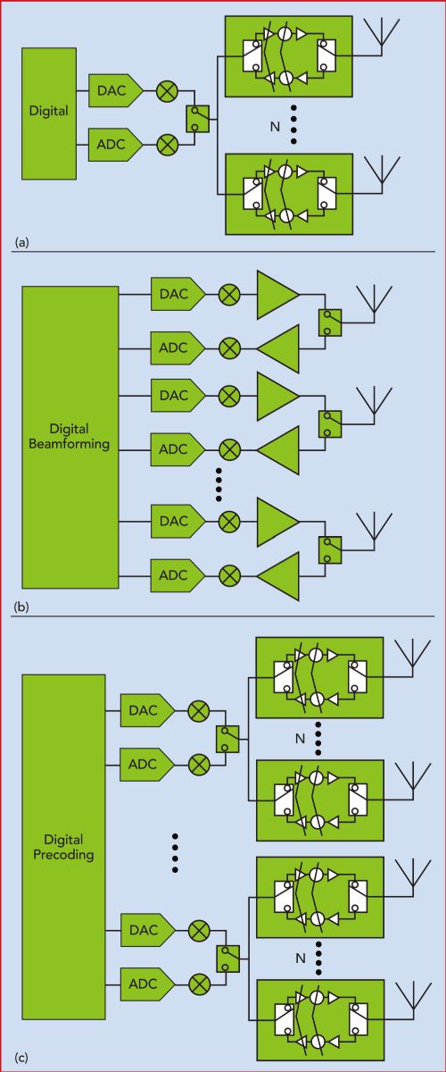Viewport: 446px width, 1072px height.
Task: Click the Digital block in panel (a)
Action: [49, 113]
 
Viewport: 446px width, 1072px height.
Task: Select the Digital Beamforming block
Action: [70, 437]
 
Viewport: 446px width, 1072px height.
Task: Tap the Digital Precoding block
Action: [63, 847]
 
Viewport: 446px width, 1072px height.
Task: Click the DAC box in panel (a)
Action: [115, 90]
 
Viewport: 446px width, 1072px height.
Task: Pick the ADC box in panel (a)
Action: [115, 144]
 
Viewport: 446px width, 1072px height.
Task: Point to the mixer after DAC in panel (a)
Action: [168, 90]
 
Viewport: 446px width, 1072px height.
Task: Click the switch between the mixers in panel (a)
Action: [197, 119]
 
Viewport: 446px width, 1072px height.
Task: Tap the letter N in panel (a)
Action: [275, 127]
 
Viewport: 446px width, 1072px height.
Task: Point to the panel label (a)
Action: [22, 242]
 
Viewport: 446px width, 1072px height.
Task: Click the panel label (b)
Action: [22, 607]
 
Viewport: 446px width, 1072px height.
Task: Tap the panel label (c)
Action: [22, 1057]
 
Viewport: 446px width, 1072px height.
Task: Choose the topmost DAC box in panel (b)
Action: [178, 294]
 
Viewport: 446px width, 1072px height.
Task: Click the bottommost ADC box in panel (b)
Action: [178, 575]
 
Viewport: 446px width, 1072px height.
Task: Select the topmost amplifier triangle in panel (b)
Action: [277, 295]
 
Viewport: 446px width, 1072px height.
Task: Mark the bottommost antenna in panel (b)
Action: [374, 532]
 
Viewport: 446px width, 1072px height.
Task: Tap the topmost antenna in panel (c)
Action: [412, 658]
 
